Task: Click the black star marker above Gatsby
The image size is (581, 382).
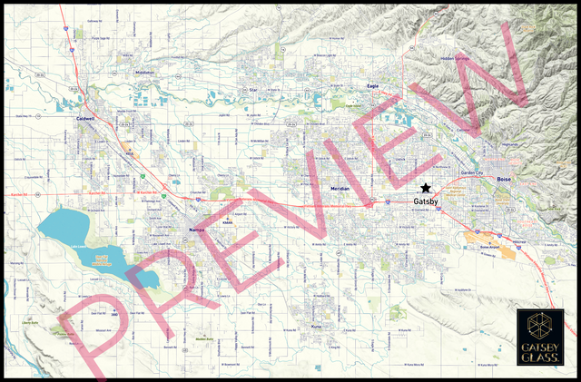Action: (x=426, y=187)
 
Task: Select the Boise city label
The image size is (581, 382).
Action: (x=505, y=181)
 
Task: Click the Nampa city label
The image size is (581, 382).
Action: (x=197, y=230)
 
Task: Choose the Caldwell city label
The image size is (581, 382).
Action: (x=86, y=117)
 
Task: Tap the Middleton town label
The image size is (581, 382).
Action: (x=144, y=73)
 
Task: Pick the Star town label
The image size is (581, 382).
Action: (x=254, y=90)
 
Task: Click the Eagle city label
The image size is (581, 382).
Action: (x=371, y=85)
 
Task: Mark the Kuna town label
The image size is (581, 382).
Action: (x=317, y=326)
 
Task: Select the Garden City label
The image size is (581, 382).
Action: (x=473, y=172)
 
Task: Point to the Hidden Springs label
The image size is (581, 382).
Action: (x=455, y=59)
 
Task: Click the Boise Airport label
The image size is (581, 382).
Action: (x=490, y=247)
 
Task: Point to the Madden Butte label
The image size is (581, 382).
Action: (x=203, y=339)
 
